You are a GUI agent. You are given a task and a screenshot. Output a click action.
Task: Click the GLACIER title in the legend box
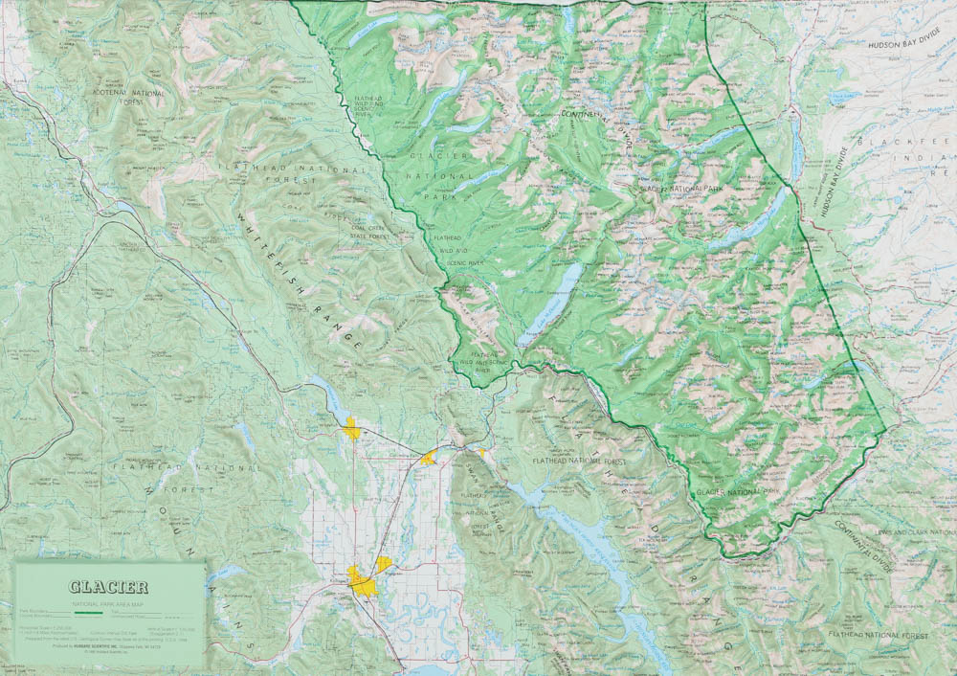(x=107, y=587)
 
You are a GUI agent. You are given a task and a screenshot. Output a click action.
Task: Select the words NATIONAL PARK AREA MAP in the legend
(x=107, y=601)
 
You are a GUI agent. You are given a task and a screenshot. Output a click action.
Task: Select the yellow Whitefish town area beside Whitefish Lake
(x=352, y=429)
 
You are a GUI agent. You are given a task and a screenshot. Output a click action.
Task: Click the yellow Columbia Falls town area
(x=430, y=458)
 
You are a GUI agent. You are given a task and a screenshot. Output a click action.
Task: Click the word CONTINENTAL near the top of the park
(x=593, y=115)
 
